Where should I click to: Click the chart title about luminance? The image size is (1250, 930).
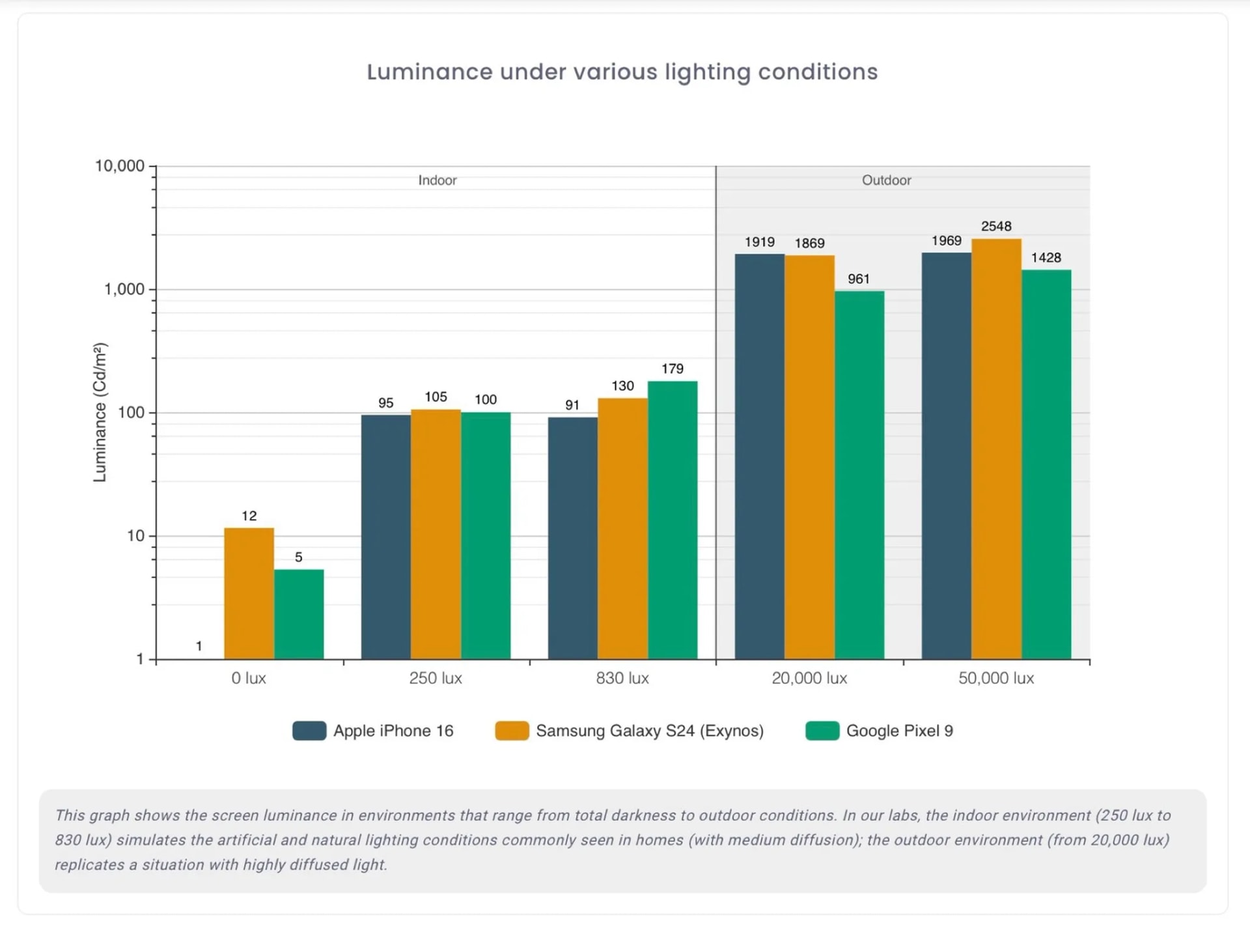[622, 72]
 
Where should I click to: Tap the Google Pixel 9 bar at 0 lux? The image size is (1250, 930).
[299, 613]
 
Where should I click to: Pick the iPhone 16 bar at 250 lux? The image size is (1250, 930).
[385, 537]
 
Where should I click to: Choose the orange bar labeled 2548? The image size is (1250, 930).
[996, 449]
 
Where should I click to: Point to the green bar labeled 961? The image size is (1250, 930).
[859, 475]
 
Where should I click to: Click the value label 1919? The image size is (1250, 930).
[759, 242]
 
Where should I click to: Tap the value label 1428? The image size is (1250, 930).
[1046, 258]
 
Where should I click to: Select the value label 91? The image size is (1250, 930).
[572, 405]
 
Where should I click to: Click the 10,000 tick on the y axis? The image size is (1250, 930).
[120, 166]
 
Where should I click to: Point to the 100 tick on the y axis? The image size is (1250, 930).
[131, 412]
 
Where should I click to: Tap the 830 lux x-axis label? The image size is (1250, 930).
[622, 678]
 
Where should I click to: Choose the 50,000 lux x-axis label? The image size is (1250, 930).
[995, 678]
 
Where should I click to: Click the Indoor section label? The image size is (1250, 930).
[437, 180]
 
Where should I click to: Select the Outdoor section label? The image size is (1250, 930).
[886, 180]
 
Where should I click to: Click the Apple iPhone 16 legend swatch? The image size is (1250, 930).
[309, 731]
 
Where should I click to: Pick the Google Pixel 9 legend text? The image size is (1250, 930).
[899, 731]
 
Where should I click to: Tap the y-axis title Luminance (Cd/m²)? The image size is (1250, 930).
[100, 412]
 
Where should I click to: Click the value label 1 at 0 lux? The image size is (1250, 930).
[199, 646]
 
